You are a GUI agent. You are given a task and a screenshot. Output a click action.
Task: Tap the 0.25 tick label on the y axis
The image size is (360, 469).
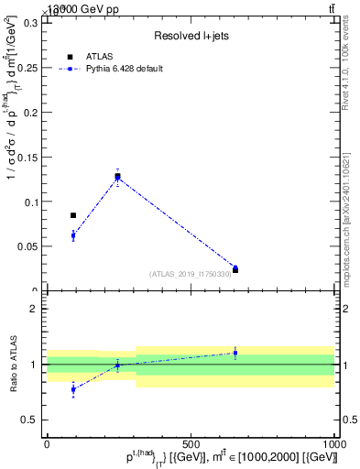(29, 68)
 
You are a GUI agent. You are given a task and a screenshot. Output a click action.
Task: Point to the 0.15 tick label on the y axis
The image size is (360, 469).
(29, 157)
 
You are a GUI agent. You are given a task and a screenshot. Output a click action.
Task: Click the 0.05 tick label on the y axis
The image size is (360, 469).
(29, 246)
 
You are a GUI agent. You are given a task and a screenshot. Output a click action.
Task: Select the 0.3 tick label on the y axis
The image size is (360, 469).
(33, 23)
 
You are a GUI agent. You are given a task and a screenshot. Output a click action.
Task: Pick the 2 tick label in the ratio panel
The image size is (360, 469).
(33, 309)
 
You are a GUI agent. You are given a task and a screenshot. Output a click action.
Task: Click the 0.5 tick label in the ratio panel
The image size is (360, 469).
(29, 420)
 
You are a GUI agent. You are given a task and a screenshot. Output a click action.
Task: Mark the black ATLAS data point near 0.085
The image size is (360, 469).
(73, 215)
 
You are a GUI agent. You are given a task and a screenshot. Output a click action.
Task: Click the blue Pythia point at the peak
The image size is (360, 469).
(117, 177)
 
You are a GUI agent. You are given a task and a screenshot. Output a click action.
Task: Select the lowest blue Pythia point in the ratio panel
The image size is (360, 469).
(73, 389)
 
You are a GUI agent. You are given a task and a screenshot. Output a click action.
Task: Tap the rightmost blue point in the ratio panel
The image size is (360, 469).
(235, 353)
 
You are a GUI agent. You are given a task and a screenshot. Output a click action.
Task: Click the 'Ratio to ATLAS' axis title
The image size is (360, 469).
(12, 364)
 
